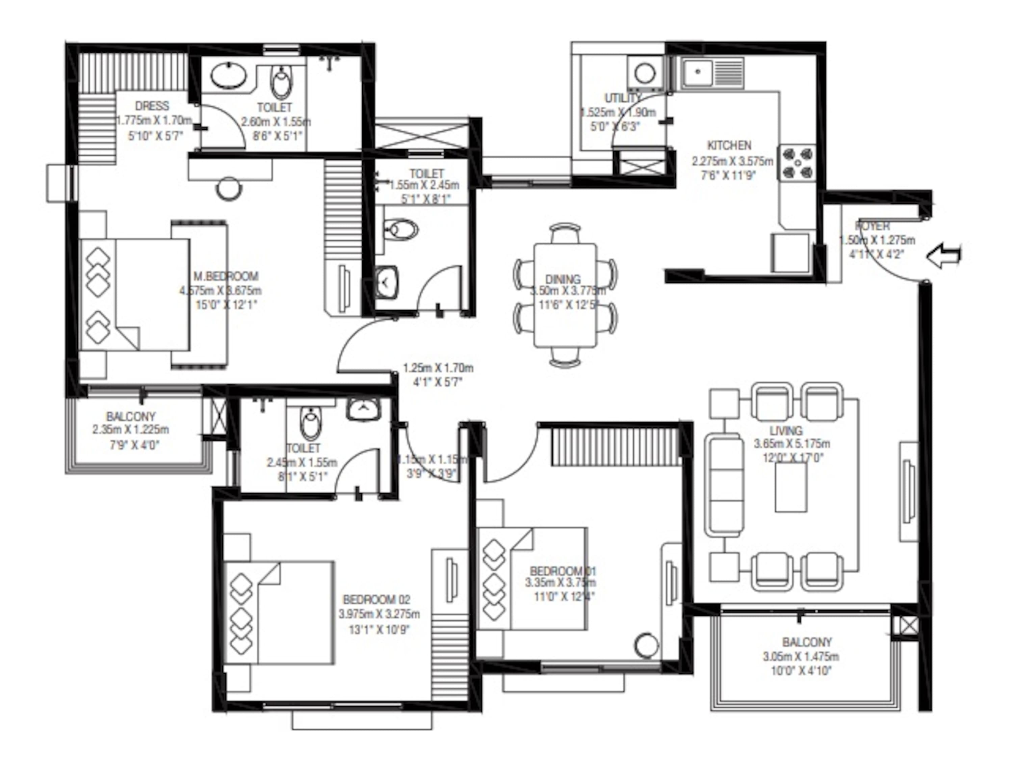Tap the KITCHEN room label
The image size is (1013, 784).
coord(729,145)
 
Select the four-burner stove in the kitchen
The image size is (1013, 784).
coord(797,163)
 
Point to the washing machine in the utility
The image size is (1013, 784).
coord(644,73)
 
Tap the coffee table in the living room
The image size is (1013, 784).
coord(791,487)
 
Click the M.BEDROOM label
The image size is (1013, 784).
coord(226,277)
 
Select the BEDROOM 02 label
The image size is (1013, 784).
coord(376,600)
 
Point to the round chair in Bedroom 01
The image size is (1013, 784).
coord(646,645)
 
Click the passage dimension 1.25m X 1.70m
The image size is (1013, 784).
coord(438,368)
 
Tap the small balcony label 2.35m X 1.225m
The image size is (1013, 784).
coord(130,429)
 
